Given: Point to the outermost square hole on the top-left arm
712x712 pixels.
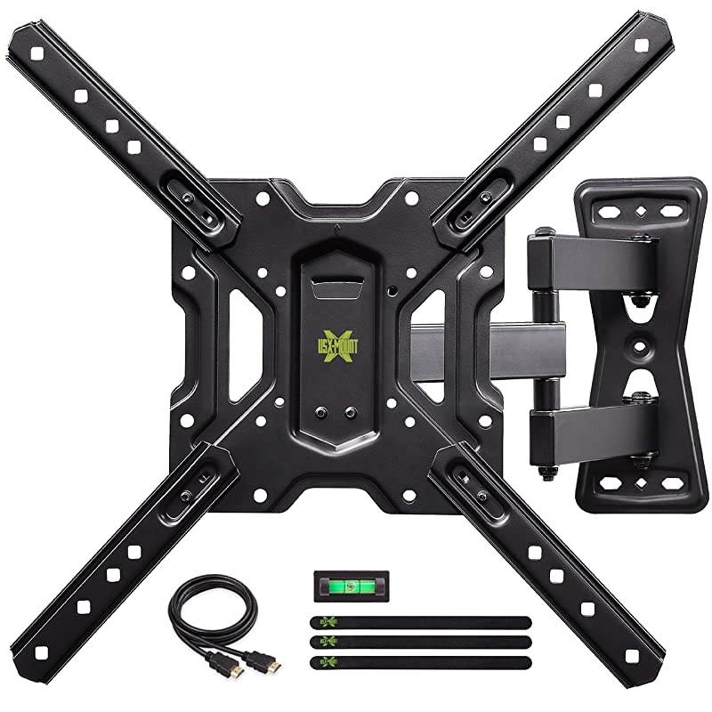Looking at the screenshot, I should click(x=38, y=53).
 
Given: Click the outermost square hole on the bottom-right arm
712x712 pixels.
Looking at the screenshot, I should click(x=631, y=655).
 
